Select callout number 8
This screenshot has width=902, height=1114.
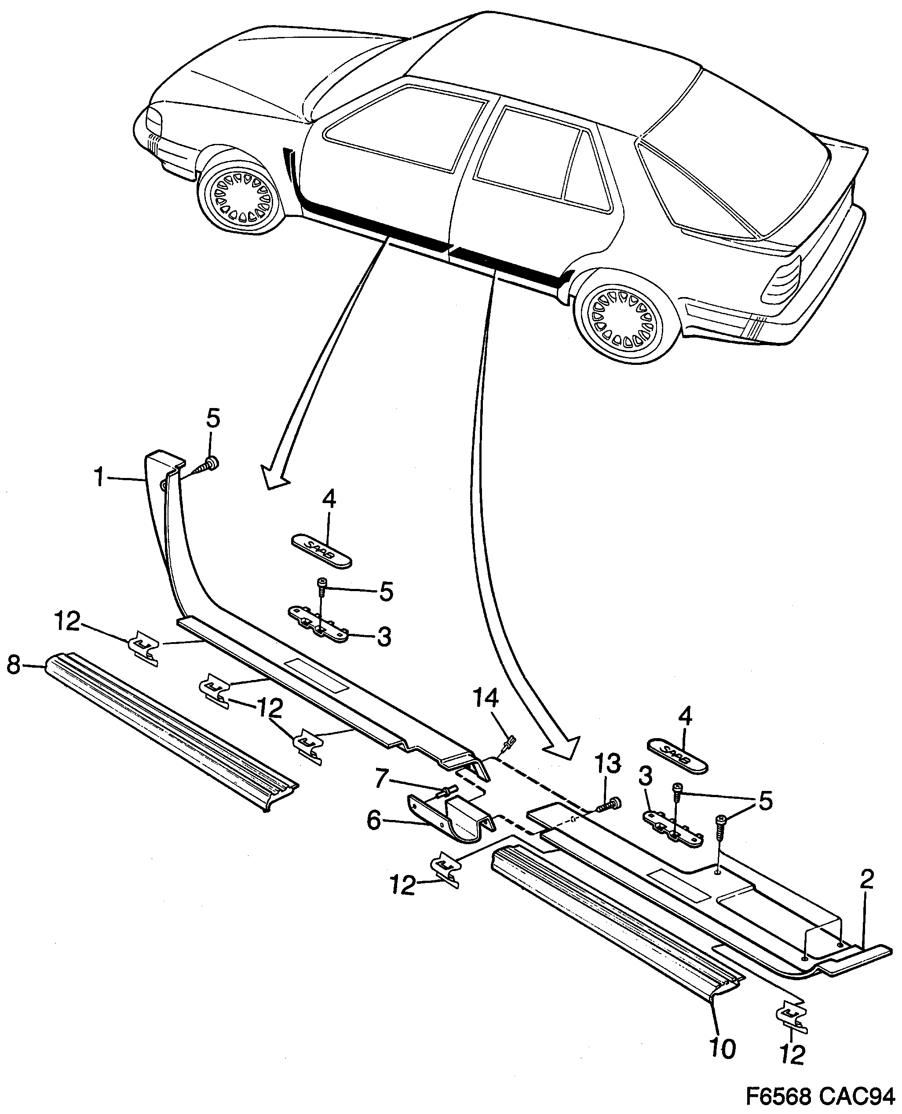(14, 664)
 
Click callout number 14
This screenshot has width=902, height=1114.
(486, 699)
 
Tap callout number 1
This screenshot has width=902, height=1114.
(99, 478)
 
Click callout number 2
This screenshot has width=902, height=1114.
(867, 879)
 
